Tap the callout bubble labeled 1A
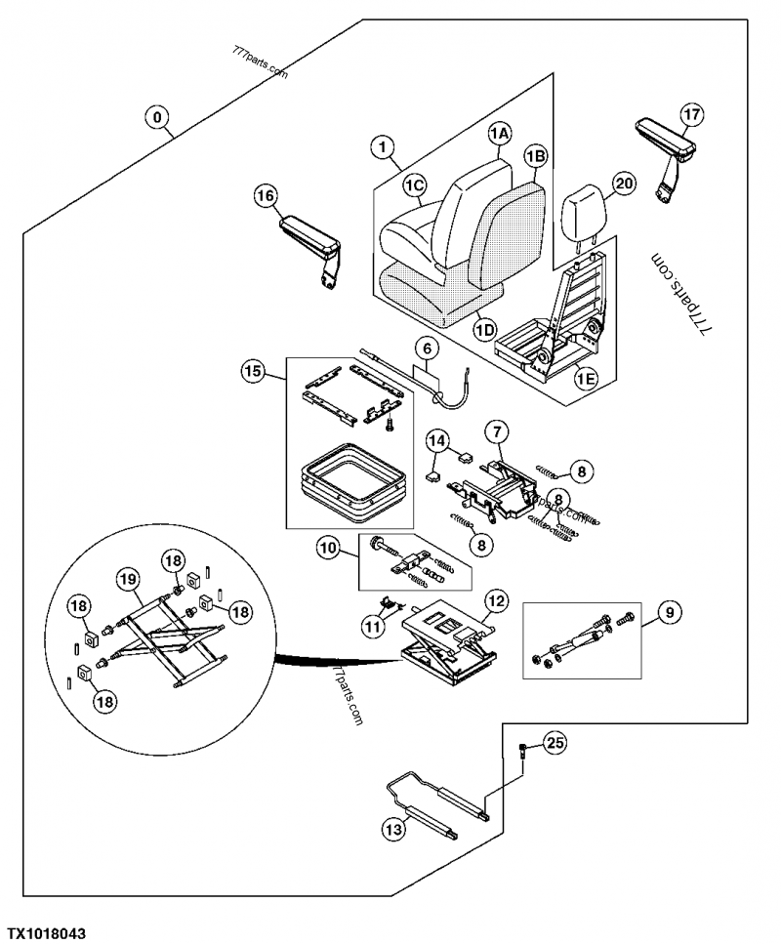(x=499, y=133)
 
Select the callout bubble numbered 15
(x=253, y=371)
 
